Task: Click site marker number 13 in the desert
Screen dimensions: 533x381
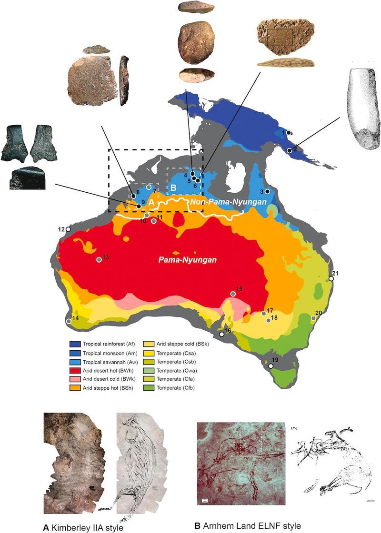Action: [x=99, y=259]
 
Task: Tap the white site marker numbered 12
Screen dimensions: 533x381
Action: [x=68, y=229]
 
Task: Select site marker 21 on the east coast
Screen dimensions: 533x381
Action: [x=331, y=279]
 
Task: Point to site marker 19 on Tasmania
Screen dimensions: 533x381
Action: [x=271, y=366]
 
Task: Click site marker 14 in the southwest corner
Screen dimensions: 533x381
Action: [x=69, y=322]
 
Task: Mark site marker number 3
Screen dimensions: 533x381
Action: [x=267, y=191]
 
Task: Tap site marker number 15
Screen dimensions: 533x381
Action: [x=233, y=294]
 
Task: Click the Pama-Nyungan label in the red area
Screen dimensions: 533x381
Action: [x=188, y=260]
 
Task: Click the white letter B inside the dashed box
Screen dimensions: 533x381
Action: [x=174, y=188]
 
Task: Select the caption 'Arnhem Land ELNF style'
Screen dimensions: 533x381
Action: [x=248, y=525]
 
